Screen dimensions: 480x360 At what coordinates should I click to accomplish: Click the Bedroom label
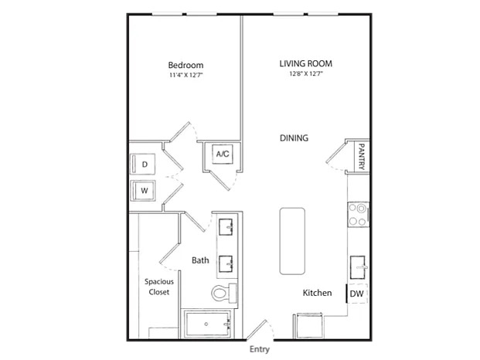[186, 65]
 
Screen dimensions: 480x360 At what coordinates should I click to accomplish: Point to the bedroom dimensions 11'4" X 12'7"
[186, 75]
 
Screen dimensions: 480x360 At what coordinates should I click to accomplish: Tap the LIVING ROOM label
[306, 63]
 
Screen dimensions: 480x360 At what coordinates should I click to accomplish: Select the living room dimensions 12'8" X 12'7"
[306, 73]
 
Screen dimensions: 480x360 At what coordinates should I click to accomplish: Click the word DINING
[294, 138]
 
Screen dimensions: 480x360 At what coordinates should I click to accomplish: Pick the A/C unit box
[223, 154]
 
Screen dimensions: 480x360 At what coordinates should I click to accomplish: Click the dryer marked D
[143, 165]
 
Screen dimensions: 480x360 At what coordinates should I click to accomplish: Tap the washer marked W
[143, 191]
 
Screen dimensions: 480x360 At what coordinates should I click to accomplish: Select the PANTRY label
[362, 157]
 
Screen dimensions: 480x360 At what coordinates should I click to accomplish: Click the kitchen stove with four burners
[358, 214]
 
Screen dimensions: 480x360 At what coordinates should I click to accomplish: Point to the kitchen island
[292, 241]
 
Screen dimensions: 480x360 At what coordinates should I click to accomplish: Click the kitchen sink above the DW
[359, 267]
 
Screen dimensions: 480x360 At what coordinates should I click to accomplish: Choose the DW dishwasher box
[357, 294]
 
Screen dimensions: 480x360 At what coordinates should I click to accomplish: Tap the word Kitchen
[317, 293]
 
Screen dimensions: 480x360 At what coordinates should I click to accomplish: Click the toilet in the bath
[224, 293]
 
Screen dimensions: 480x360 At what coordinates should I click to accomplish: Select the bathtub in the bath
[207, 324]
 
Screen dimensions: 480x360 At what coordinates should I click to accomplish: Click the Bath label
[200, 260]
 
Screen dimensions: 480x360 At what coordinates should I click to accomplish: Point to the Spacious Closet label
[159, 287]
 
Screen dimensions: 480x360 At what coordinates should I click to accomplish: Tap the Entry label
[260, 349]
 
